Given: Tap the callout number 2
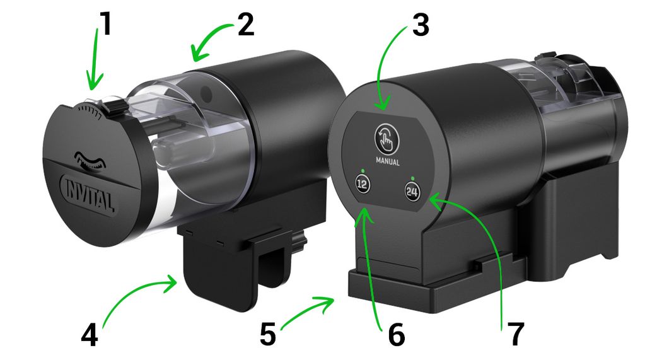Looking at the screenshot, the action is click(x=245, y=25).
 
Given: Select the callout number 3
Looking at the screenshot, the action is click(x=421, y=25).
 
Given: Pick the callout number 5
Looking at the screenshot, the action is click(x=268, y=334).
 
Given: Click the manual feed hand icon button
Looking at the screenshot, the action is click(x=387, y=139).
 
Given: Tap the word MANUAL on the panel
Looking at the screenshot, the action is click(x=388, y=161).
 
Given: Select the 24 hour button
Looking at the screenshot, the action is click(x=412, y=192).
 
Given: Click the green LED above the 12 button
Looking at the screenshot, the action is click(x=361, y=171).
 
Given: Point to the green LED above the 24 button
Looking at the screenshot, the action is click(x=413, y=178).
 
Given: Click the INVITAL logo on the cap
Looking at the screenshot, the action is click(x=88, y=194).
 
